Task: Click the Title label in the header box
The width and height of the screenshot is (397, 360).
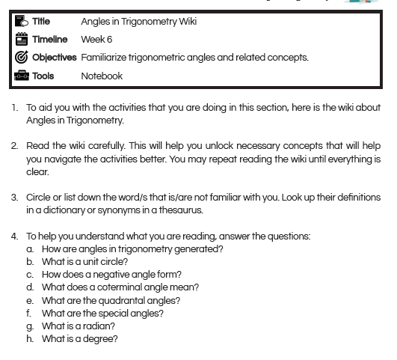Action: (42, 21)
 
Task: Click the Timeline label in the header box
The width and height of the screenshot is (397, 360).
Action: (49, 39)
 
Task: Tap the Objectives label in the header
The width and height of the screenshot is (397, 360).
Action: (55, 58)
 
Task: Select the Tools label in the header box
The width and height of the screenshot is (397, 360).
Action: (43, 76)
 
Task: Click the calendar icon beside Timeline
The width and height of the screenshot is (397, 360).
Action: (21, 39)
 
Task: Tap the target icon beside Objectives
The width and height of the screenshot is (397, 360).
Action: (21, 58)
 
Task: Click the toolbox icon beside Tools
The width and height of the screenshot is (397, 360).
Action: (21, 76)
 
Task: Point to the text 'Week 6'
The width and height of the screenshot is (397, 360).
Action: (96, 39)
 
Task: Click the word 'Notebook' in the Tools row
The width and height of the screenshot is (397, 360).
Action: (102, 76)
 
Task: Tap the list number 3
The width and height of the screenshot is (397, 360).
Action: (14, 198)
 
